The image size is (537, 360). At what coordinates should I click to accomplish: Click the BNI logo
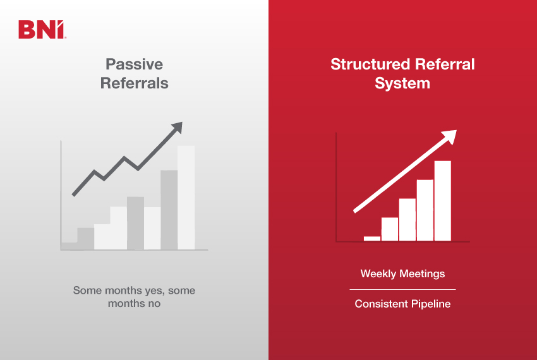pyautogui.click(x=41, y=30)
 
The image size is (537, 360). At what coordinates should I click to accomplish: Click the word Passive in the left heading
pyautogui.click(x=134, y=64)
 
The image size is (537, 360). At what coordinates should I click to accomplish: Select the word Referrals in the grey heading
pyautogui.click(x=134, y=83)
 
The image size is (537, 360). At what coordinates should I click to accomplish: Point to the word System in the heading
pyautogui.click(x=402, y=83)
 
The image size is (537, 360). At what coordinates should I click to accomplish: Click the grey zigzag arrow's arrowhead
pyautogui.click(x=176, y=128)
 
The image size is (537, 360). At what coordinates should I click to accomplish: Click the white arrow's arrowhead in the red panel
pyautogui.click(x=449, y=136)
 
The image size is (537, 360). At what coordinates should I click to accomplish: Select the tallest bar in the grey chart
pyautogui.click(x=186, y=197)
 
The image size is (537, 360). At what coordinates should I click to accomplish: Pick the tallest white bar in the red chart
pyautogui.click(x=442, y=200)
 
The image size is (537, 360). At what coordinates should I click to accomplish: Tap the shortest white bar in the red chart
pyautogui.click(x=372, y=238)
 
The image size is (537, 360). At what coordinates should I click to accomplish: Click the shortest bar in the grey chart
pyautogui.click(x=69, y=246)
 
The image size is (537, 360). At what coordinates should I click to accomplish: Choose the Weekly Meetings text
pyautogui.click(x=402, y=273)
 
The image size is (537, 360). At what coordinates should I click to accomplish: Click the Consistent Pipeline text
pyautogui.click(x=402, y=304)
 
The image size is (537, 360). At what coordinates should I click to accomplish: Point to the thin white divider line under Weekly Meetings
pyautogui.click(x=402, y=289)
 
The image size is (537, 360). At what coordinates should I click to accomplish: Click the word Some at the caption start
pyautogui.click(x=87, y=291)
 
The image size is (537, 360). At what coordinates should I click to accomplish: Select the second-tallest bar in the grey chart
pyautogui.click(x=169, y=210)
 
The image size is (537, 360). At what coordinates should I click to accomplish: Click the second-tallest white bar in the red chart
pyautogui.click(x=425, y=210)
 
